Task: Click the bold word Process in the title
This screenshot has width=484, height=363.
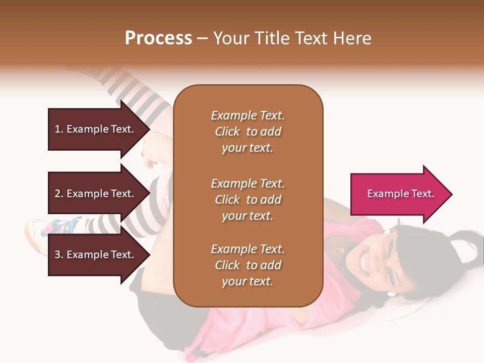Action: pyautogui.click(x=158, y=38)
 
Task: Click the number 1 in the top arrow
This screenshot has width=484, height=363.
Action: pyautogui.click(x=57, y=129)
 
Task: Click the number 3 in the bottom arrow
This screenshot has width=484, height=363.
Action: pyautogui.click(x=57, y=255)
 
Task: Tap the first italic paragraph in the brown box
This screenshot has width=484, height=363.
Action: pyautogui.click(x=248, y=132)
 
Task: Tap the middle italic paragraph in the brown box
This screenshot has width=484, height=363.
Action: pyautogui.click(x=248, y=200)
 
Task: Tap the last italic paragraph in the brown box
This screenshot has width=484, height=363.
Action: pyautogui.click(x=248, y=265)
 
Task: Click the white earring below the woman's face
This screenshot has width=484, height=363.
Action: pyautogui.click(x=391, y=293)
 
